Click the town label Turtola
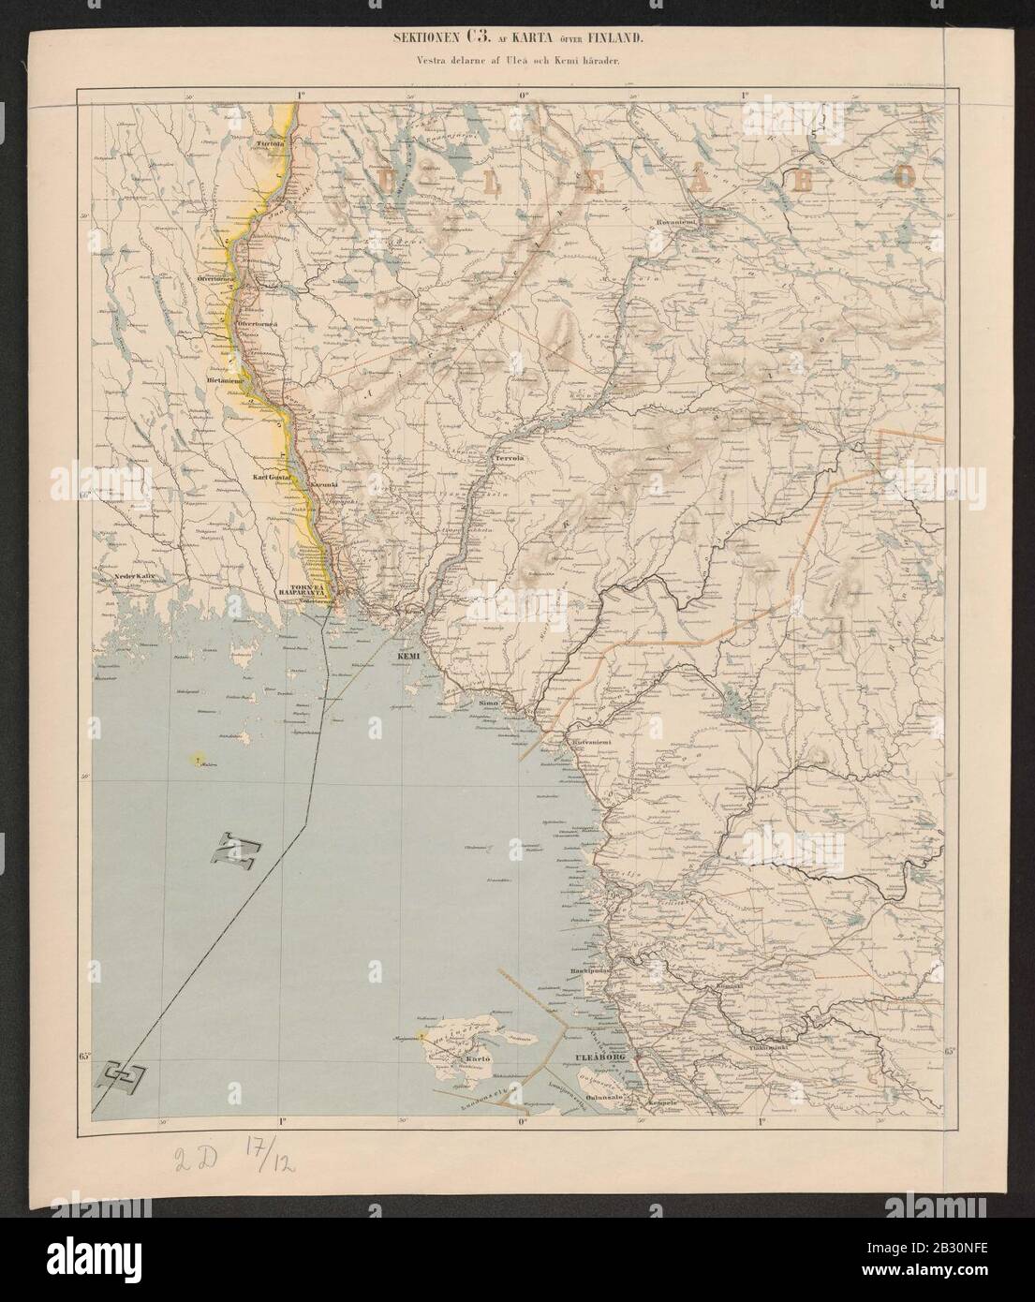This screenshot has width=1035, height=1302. pyautogui.click(x=270, y=144)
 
